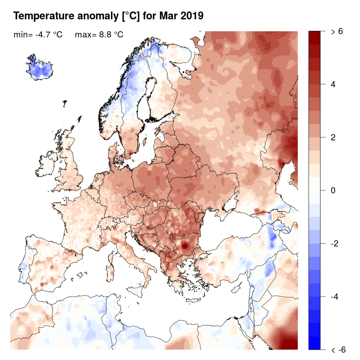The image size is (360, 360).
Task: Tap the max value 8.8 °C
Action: tap(109, 35)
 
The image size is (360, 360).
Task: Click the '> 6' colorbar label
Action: tap(337, 32)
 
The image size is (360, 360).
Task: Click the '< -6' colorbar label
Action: tap(338, 350)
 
